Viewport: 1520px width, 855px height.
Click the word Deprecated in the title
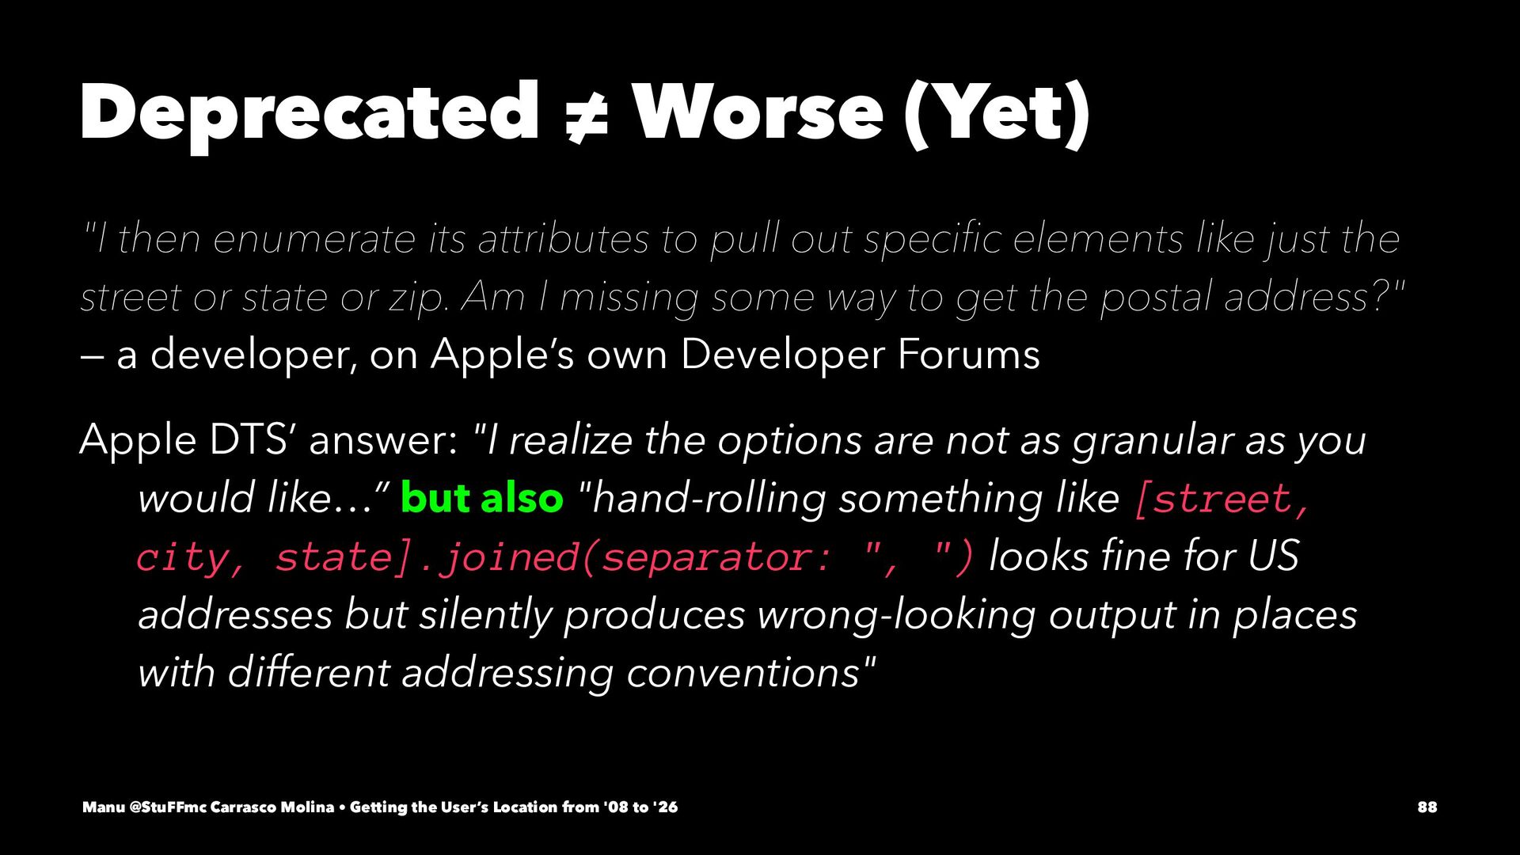pyautogui.click(x=310, y=112)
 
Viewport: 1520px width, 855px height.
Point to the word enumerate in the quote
pyautogui.click(x=314, y=239)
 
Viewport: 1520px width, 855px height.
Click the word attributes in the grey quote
pyautogui.click(x=564, y=239)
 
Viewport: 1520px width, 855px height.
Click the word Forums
pyautogui.click(x=968, y=355)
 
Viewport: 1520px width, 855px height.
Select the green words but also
pyautogui.click(x=482, y=498)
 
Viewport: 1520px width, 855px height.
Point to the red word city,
pyautogui.click(x=191, y=557)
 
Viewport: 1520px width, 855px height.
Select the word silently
pyautogui.click(x=485, y=615)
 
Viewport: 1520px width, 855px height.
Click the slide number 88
pyautogui.click(x=1427, y=807)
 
